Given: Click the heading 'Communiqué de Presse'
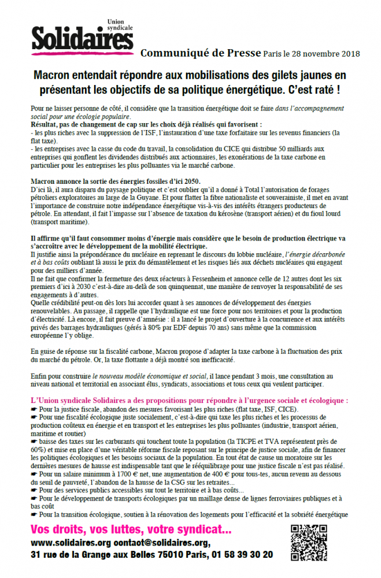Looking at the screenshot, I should tap(200, 53).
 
